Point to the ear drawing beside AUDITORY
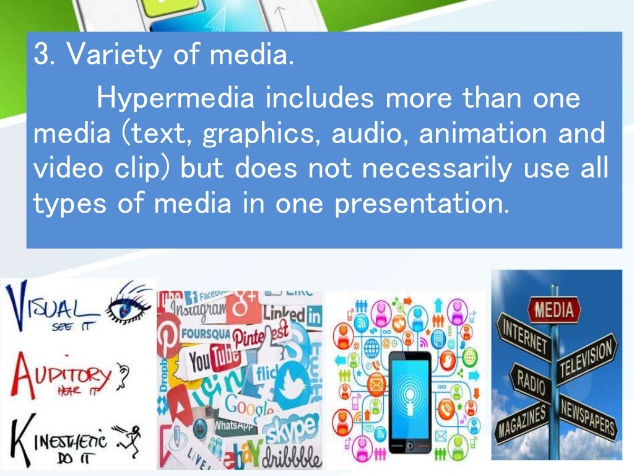click(124, 374)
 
